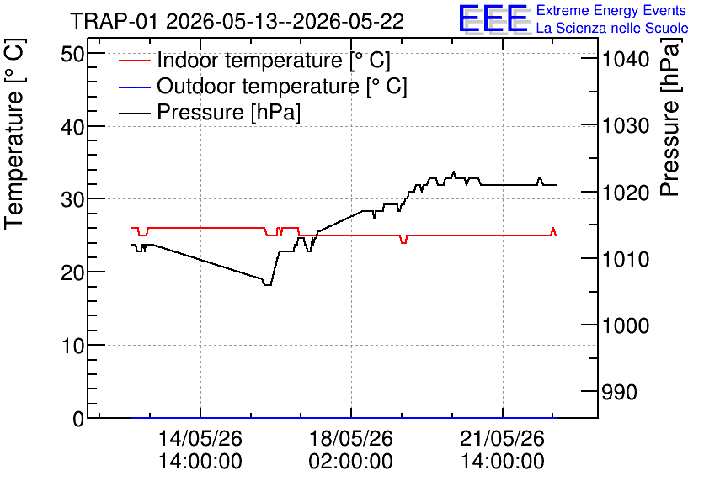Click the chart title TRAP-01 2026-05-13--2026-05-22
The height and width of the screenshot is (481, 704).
[x=237, y=21]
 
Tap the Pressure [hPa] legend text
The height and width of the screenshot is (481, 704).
[x=228, y=112]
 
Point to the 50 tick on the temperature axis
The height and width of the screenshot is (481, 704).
[x=72, y=55]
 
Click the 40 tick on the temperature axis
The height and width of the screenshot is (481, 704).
[x=72, y=127]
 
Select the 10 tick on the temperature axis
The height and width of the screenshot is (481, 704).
[x=72, y=346]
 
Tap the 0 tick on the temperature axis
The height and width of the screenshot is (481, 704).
[x=78, y=419]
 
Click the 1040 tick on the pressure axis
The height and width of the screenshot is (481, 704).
[x=626, y=59]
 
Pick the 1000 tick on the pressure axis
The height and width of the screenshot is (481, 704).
[x=626, y=325]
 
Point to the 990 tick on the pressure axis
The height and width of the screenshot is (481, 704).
[x=620, y=392]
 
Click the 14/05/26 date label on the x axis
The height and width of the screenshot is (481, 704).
[x=200, y=438]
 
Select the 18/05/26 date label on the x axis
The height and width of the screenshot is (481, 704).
[x=350, y=438]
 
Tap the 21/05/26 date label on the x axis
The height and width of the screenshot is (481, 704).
[x=503, y=438]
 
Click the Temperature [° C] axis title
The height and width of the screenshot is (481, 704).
[x=14, y=135]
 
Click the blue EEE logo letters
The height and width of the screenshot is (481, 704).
[x=493, y=18]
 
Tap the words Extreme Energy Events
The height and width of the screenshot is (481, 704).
[x=611, y=10]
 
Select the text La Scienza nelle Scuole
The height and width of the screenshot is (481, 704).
[x=612, y=28]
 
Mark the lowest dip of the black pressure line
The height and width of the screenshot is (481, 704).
[x=267, y=285]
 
